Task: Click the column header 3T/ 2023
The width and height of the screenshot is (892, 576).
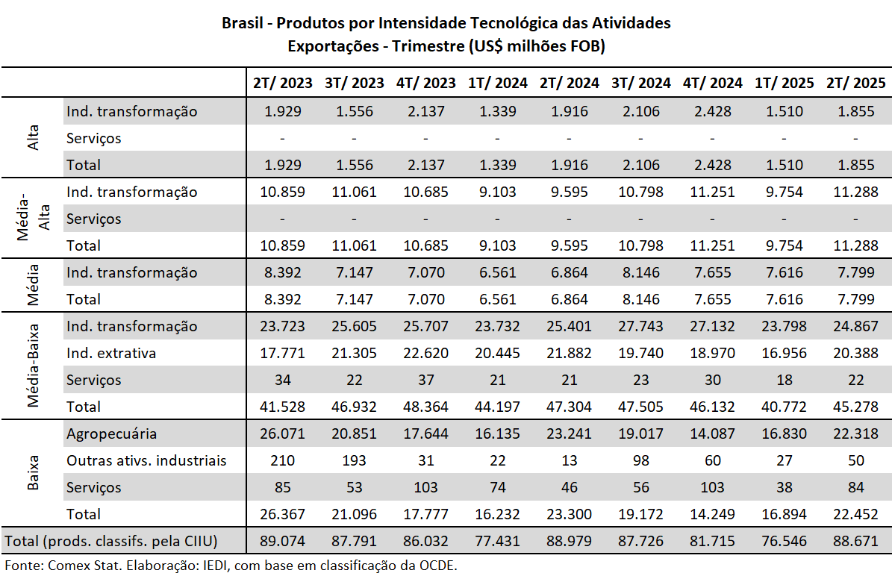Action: tap(355, 83)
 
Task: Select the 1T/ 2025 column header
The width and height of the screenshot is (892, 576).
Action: tap(784, 83)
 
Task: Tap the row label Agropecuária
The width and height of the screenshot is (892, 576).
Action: tap(111, 433)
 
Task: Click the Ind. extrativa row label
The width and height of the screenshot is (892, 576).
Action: tap(111, 353)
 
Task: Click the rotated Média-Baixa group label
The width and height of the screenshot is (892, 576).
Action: tap(33, 366)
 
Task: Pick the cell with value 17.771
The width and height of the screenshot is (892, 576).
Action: tap(283, 353)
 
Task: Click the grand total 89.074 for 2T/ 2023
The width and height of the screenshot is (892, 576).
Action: tap(283, 540)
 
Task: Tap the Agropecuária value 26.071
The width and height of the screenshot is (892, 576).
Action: tap(283, 433)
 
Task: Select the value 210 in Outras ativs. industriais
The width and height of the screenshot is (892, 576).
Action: tap(283, 460)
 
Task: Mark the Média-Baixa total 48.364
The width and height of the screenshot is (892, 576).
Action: tap(425, 407)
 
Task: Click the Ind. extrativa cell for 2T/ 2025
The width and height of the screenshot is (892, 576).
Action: tap(855, 353)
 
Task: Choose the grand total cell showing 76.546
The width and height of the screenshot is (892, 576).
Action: tap(784, 540)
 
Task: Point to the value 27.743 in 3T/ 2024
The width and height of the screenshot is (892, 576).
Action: tap(640, 326)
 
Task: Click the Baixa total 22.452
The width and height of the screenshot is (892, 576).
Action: tap(855, 514)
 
